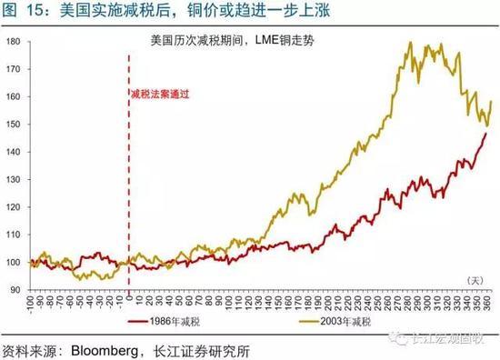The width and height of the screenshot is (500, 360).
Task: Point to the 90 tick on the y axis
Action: pyautogui.click(x=15, y=289)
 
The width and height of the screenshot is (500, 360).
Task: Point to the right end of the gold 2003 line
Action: pyautogui.click(x=492, y=101)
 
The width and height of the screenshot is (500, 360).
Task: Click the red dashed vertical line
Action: pyautogui.click(x=128, y=182)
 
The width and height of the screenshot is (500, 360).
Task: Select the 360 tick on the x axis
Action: pyautogui.click(x=489, y=301)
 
